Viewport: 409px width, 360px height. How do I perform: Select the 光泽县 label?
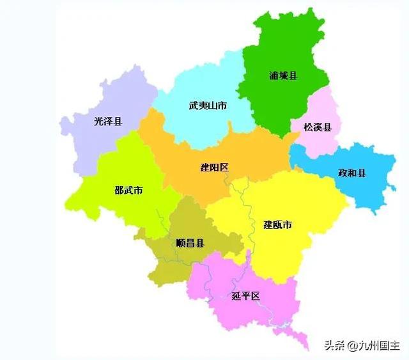[107, 121]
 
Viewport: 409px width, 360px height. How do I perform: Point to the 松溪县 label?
[318, 127]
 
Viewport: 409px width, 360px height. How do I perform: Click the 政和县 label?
[352, 173]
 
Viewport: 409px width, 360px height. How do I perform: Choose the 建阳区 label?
[215, 168]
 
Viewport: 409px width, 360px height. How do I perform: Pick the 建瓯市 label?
[278, 224]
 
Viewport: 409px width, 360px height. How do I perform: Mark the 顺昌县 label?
[190, 243]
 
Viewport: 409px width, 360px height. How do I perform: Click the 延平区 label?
[246, 296]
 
